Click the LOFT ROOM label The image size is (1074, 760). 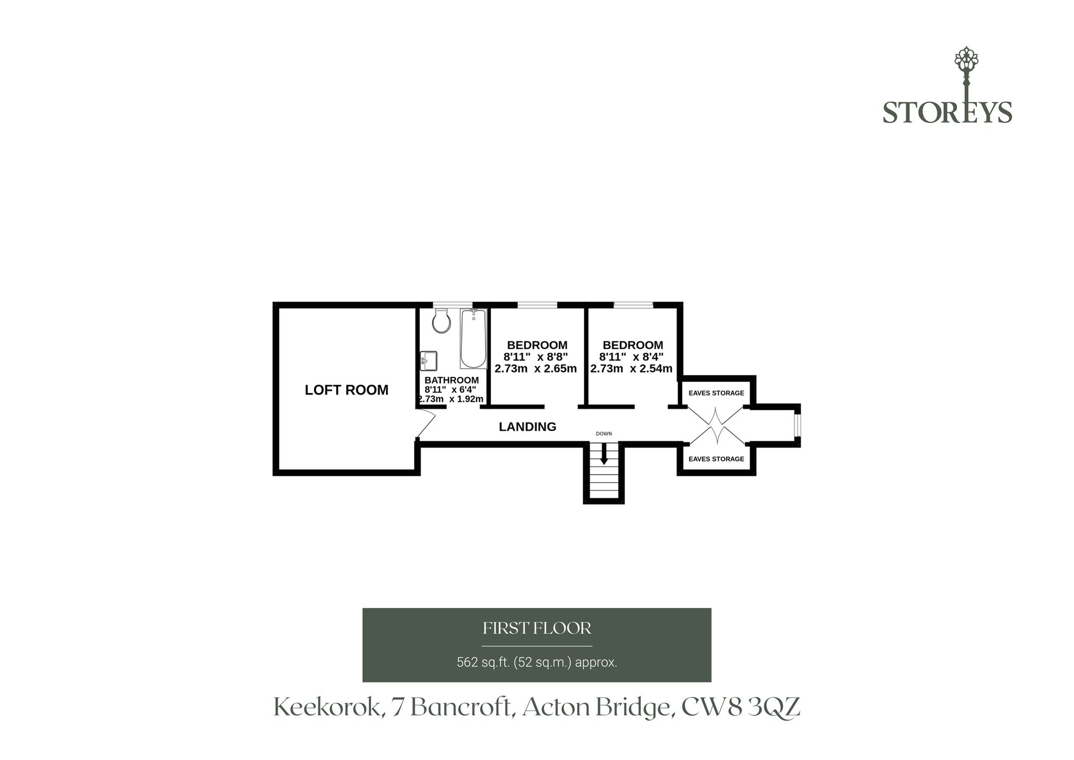[x=346, y=390]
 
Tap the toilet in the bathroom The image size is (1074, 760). [x=441, y=321]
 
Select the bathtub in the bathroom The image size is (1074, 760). [x=473, y=339]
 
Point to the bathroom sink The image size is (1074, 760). [x=429, y=361]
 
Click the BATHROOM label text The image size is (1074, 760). [x=452, y=381]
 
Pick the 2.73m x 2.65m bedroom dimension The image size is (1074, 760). [x=535, y=369]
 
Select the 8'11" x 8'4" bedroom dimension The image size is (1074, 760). [x=632, y=357]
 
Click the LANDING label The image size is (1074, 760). [x=527, y=427]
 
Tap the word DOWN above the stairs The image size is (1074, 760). [x=604, y=434]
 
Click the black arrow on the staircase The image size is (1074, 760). [x=604, y=454]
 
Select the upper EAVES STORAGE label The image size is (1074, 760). [x=716, y=393]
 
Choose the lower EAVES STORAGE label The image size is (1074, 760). [x=716, y=459]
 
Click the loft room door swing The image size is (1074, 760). [x=425, y=423]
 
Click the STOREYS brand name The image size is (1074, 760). [x=947, y=113]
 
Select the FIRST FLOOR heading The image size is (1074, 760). [x=537, y=628]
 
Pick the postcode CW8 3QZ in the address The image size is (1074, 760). [x=741, y=707]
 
